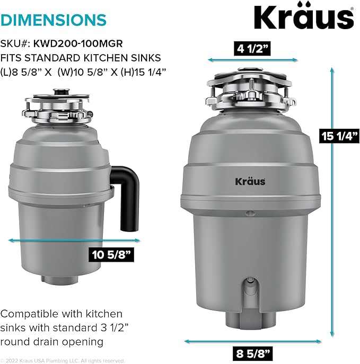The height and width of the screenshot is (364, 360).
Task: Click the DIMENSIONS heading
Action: pos(53,20)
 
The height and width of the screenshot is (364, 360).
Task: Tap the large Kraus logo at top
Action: pos(303,17)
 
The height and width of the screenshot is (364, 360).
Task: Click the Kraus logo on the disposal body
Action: pos(250,181)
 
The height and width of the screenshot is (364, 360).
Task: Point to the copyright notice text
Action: pos(63,360)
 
